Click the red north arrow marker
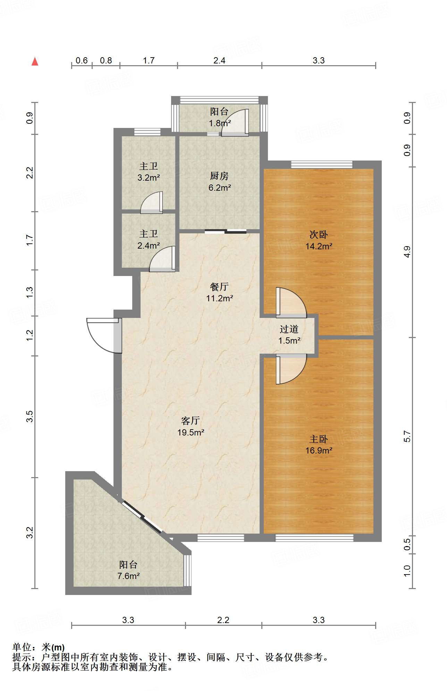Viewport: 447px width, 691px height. (35, 61)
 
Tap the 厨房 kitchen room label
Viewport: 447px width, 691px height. (219, 182)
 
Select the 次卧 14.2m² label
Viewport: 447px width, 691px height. (319, 240)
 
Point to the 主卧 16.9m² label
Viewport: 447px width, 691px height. (319, 445)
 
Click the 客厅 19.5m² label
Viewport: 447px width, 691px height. (191, 426)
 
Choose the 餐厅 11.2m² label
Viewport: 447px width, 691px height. (219, 292)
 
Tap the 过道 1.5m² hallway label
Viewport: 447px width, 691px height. (289, 335)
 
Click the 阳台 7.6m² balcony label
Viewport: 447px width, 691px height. (128, 570)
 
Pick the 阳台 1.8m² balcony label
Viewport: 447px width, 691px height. (219, 117)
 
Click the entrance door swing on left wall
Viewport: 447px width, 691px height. (104, 336)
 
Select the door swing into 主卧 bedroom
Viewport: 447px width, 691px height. (291, 369)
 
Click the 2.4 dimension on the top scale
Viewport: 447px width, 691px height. (219, 60)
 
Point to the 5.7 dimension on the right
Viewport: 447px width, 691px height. (407, 437)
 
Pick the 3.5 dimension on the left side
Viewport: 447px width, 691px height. (30, 416)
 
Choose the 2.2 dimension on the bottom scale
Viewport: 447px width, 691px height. (223, 620)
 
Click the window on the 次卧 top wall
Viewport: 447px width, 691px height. (322, 164)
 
